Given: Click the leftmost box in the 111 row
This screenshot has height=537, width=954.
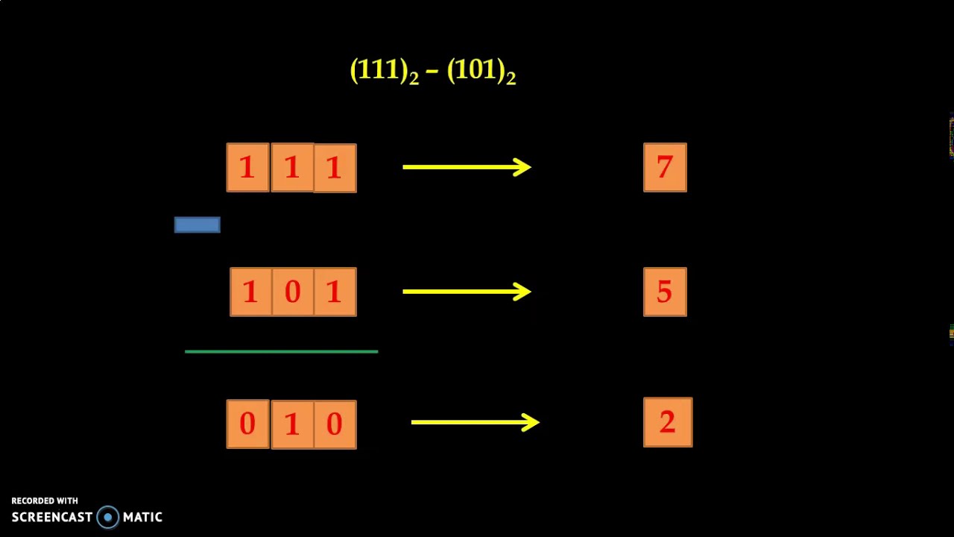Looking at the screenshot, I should pyautogui.click(x=247, y=168).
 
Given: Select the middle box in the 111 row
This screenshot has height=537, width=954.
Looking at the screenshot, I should pyautogui.click(x=292, y=168).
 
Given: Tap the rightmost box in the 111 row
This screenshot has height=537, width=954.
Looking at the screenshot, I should pyautogui.click(x=335, y=168).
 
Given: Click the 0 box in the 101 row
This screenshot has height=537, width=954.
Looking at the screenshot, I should pyautogui.click(x=292, y=292).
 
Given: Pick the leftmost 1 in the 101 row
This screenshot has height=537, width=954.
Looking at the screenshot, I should pyautogui.click(x=250, y=292).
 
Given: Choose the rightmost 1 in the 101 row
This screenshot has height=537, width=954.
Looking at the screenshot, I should pyautogui.click(x=335, y=292).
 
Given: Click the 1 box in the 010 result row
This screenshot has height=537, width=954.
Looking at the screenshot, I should pyautogui.click(x=292, y=424).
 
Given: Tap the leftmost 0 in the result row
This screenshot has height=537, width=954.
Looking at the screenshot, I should pyautogui.click(x=247, y=424).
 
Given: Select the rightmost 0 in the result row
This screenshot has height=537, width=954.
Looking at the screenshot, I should pyautogui.click(x=335, y=424).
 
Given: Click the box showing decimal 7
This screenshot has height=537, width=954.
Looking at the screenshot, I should pyautogui.click(x=665, y=168).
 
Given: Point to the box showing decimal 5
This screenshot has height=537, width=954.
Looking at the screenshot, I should pyautogui.click(x=665, y=292).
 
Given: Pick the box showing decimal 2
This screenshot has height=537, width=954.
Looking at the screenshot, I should pyautogui.click(x=668, y=422).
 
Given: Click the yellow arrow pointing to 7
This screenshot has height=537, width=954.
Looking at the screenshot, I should pyautogui.click(x=467, y=167).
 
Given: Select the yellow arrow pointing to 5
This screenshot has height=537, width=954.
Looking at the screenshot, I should pyautogui.click(x=467, y=291).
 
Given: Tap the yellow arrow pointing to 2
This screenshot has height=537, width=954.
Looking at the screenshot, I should pyautogui.click(x=476, y=422).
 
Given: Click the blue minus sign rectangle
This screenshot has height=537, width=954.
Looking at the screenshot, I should pyautogui.click(x=197, y=224).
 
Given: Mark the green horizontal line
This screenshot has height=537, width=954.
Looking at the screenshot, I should pyautogui.click(x=281, y=351).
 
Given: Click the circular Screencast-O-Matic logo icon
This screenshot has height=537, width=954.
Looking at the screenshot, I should pyautogui.click(x=108, y=517).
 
